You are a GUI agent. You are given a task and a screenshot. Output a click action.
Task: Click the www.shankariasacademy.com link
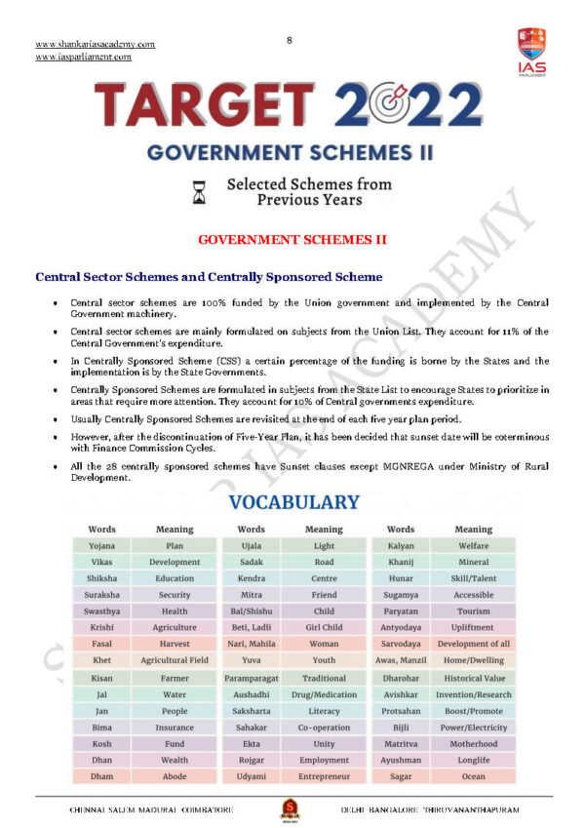click(95, 44)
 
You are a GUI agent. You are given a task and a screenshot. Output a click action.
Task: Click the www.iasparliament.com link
click(83, 57)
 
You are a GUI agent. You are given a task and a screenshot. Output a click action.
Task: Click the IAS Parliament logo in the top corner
click(531, 51)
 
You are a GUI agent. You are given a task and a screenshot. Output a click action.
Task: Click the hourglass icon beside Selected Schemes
click(200, 192)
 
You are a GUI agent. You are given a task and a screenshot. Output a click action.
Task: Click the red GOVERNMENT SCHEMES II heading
click(292, 239)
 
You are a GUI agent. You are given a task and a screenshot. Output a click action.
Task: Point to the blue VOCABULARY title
click(293, 503)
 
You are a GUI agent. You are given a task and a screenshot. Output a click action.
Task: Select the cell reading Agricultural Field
click(175, 660)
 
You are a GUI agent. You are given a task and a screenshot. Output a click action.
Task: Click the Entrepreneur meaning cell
click(324, 776)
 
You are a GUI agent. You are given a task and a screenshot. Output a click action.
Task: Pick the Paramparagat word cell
click(251, 677)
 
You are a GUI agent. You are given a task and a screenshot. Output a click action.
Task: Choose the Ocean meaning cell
click(473, 776)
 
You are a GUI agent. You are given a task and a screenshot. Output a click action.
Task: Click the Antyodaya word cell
click(401, 627)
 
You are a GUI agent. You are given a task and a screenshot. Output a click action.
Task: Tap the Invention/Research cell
click(474, 694)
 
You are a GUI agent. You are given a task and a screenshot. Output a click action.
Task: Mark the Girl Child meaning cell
click(324, 627)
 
